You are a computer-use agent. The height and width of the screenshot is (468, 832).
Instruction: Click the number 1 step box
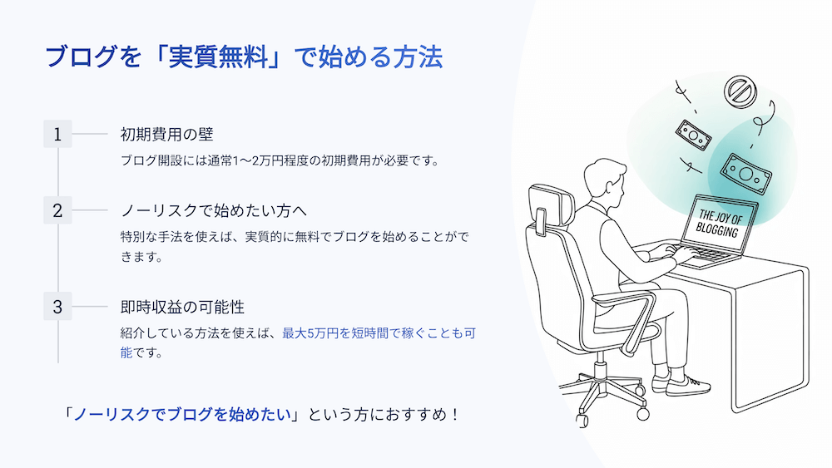(57, 134)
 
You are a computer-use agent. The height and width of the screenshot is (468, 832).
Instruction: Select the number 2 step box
(57, 210)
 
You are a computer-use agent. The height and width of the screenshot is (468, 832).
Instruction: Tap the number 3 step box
(57, 307)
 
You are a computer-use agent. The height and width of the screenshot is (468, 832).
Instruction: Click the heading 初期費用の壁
(166, 134)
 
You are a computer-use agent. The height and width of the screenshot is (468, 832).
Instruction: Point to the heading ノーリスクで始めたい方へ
(214, 210)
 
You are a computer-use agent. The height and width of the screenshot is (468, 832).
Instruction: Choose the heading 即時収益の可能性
(182, 307)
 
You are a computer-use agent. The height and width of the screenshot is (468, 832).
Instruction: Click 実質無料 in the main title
(218, 57)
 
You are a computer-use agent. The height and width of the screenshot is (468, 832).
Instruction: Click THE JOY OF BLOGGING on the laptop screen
(719, 223)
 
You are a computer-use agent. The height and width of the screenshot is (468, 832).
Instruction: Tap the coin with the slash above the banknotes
(740, 92)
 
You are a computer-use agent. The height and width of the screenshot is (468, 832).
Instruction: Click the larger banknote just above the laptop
(745, 174)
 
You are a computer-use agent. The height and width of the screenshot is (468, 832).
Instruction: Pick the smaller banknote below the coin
(693, 135)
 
